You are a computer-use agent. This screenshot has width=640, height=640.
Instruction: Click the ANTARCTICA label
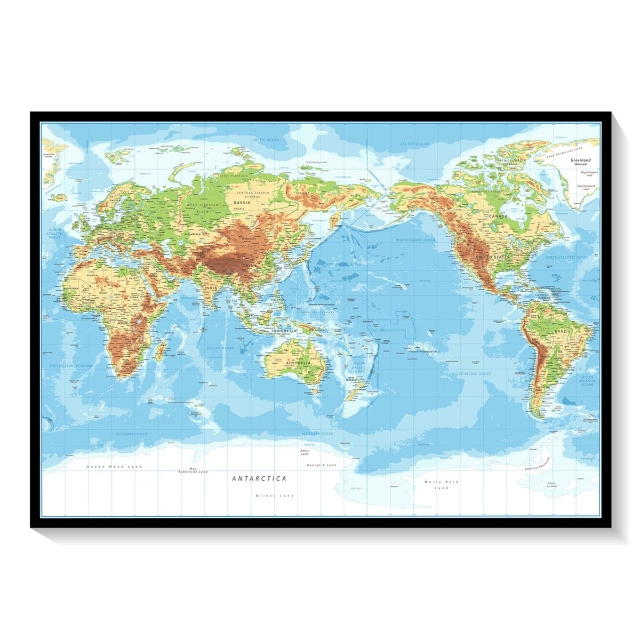tap(259, 478)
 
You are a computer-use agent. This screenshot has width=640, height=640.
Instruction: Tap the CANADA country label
tap(498, 217)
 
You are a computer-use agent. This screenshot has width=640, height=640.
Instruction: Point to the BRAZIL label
tap(562, 332)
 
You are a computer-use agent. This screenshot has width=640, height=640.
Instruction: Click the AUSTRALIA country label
tap(298, 363)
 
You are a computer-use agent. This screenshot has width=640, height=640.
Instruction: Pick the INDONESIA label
tap(284, 331)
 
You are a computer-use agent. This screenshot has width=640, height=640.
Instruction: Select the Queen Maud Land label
tap(115, 467)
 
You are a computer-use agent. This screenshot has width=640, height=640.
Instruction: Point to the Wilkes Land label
tap(275, 495)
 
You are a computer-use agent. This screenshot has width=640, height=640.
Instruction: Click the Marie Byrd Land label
tap(441, 485)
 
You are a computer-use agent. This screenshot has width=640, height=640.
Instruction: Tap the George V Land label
tap(322, 465)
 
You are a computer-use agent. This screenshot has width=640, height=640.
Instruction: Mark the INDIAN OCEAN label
tap(221, 348)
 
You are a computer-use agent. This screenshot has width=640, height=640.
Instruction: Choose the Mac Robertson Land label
tap(193, 470)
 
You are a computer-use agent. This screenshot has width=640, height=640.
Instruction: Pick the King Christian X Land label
tap(588, 174)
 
